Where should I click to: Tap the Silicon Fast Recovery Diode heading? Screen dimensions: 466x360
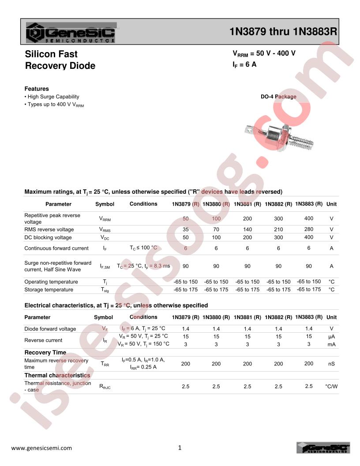60,60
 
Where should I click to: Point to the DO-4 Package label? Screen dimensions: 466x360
278,97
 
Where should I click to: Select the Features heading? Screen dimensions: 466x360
37,89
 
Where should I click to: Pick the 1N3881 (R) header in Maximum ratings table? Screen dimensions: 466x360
247,204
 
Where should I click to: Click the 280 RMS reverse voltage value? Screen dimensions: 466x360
309,229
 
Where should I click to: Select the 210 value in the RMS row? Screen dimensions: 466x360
278,229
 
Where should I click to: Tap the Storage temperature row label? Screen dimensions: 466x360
49,289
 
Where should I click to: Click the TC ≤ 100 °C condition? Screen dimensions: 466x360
143,248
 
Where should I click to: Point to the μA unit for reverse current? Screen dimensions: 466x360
331,337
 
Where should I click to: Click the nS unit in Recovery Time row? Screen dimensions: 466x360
331,364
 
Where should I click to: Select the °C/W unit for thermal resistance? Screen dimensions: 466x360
331,387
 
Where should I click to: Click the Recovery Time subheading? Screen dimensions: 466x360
45,352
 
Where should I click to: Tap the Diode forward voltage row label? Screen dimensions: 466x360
50,329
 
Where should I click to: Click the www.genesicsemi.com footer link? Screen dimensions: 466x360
41,448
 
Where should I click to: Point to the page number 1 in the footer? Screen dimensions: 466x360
180,448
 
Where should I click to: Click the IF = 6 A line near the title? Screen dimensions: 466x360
244,64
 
